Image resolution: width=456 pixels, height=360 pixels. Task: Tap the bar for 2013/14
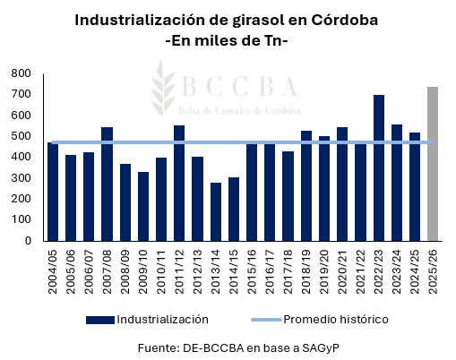(216, 211)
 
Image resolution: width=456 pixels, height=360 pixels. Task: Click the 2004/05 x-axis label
(54, 269)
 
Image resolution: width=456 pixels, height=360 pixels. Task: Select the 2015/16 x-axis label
(253, 269)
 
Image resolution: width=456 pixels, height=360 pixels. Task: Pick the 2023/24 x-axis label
(397, 269)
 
